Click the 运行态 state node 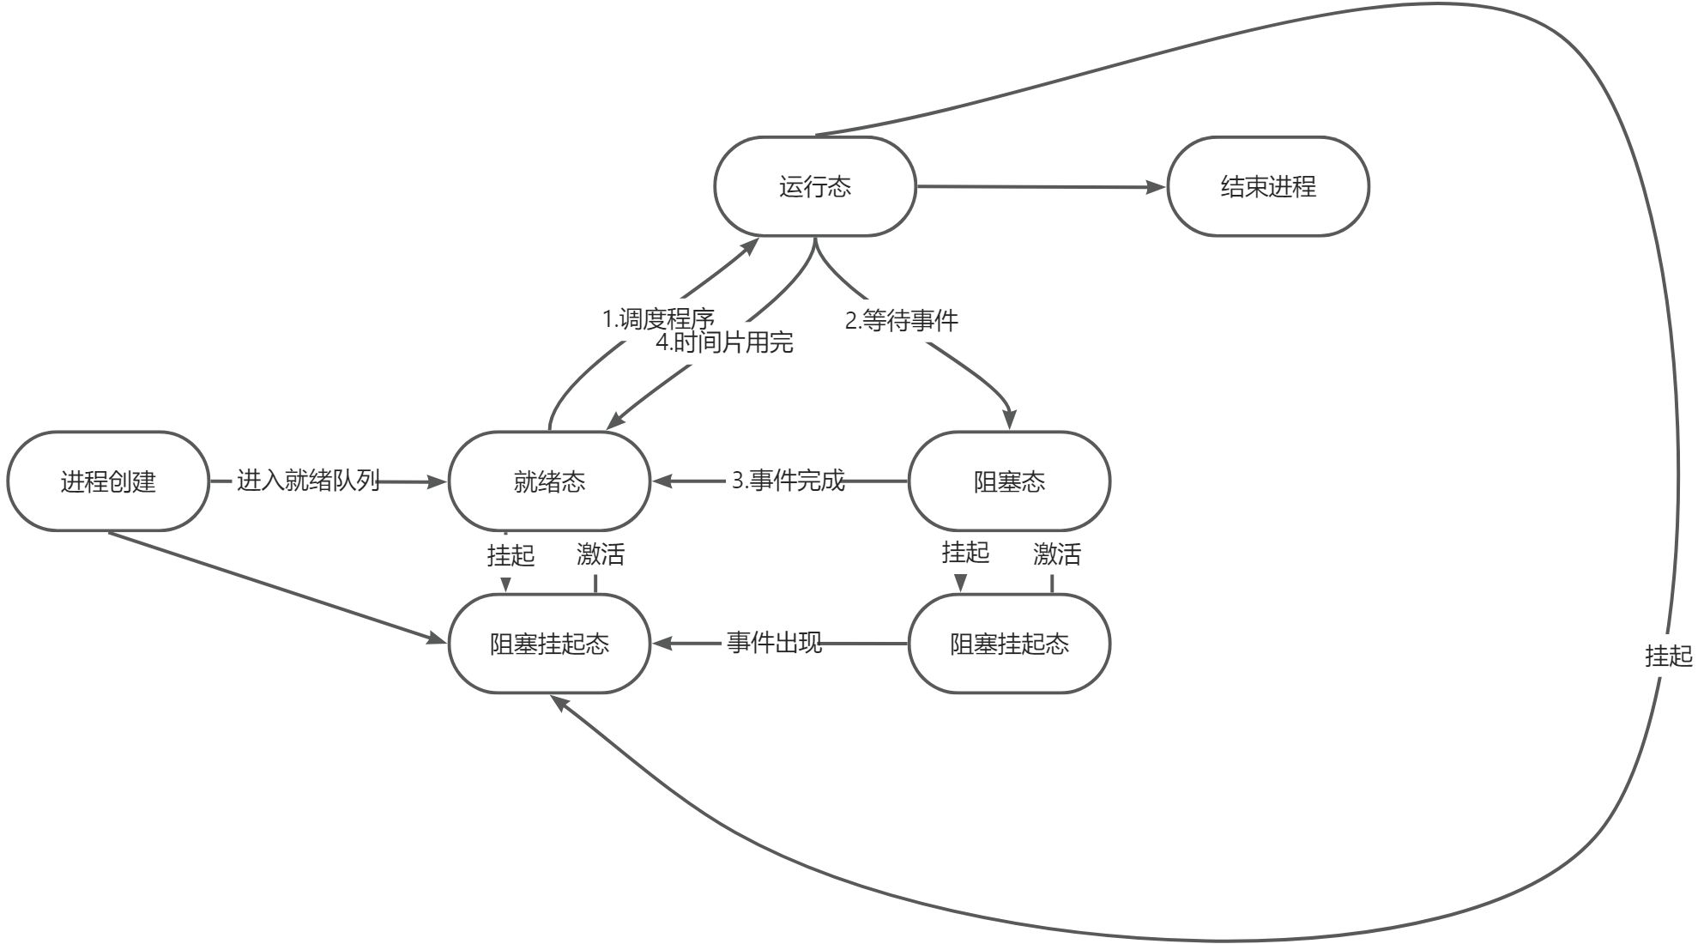815,186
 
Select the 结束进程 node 1267,186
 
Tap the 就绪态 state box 549,481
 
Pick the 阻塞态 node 1009,481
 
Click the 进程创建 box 108,481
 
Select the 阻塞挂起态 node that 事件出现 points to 549,644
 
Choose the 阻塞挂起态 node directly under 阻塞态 1009,644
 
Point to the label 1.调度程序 658,319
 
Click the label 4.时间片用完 725,342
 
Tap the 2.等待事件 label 901,320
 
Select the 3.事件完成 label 788,481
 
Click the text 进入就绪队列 308,481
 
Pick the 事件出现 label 774,642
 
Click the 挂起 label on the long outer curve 1668,656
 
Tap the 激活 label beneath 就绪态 601,554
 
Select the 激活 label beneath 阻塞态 1057,554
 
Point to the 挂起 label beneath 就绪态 511,555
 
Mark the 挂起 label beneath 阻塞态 965,552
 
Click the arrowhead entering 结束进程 1158,187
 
